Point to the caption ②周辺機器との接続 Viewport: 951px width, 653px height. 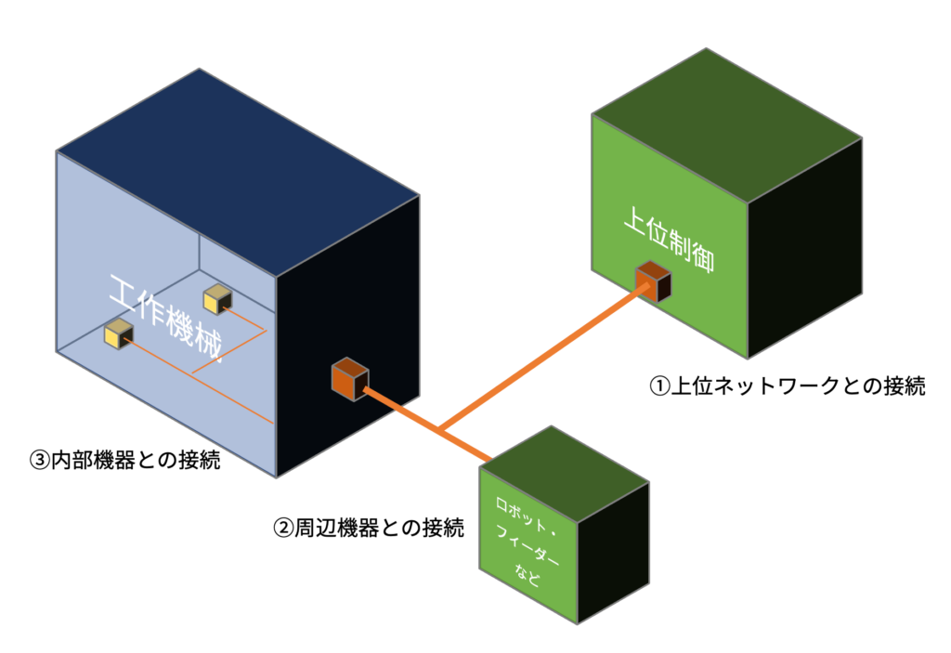[x=368, y=529]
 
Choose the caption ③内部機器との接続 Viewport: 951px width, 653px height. [x=124, y=459]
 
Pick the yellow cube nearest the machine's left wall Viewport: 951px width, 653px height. [x=119, y=333]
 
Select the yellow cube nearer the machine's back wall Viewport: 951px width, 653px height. [x=217, y=298]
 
